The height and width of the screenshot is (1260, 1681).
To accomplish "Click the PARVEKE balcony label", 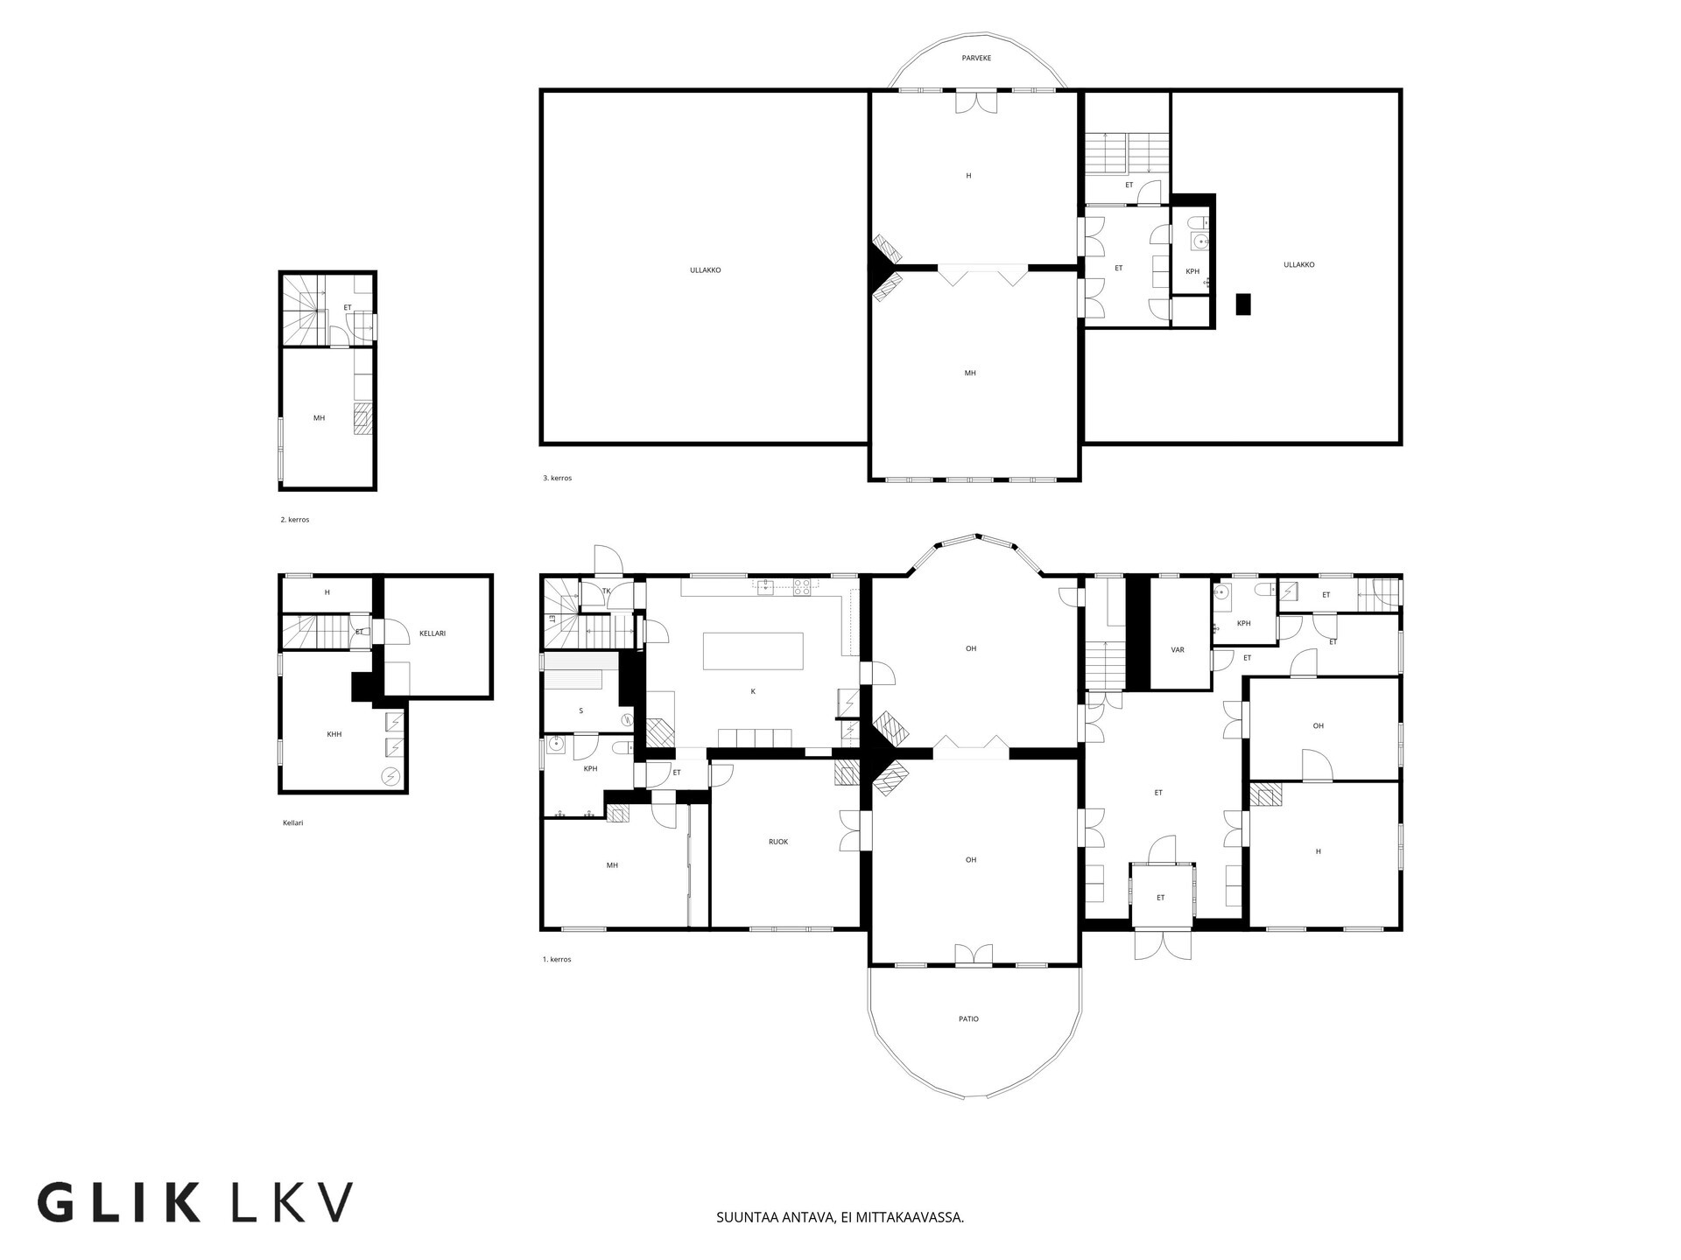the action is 976,58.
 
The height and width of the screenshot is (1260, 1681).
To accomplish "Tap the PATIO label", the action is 968,1018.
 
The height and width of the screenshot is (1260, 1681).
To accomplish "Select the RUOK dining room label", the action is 778,842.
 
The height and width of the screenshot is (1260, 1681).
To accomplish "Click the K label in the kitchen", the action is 753,691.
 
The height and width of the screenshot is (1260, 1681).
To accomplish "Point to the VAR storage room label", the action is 1178,650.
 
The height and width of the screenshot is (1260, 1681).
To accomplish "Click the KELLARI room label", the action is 433,633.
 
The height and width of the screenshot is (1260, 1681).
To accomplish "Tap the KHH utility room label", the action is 334,734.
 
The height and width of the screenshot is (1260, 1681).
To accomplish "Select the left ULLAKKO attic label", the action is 705,270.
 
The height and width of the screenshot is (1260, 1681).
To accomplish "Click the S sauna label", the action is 580,710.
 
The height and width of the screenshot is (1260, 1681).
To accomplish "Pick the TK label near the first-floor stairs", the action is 606,591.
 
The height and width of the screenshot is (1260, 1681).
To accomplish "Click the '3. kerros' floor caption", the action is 557,478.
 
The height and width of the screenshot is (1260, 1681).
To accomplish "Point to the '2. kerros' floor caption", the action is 295,520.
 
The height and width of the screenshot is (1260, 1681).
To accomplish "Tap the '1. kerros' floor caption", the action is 557,959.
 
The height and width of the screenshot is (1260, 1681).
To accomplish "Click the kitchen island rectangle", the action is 753,651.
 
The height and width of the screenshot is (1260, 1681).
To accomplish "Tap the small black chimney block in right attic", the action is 1243,304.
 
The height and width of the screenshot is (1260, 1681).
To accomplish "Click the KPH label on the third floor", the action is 1192,271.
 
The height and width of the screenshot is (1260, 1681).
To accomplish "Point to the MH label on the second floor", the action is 319,418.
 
